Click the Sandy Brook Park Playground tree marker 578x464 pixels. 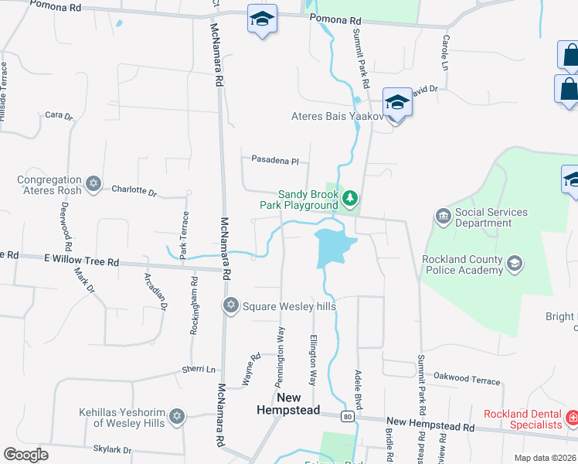pos(351,199)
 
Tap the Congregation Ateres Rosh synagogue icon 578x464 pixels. pos(93,184)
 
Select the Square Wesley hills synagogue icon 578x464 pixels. pos(229,306)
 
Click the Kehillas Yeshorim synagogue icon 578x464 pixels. pos(176,417)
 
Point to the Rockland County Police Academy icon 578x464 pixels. pos(514,265)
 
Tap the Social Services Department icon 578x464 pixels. pos(444,216)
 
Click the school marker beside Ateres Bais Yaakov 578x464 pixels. pos(397,104)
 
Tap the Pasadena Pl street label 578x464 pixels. pos(274,160)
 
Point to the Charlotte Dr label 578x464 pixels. pos(134,189)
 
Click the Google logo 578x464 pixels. pos(25,455)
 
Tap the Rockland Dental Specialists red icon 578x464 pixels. pos(573,419)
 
